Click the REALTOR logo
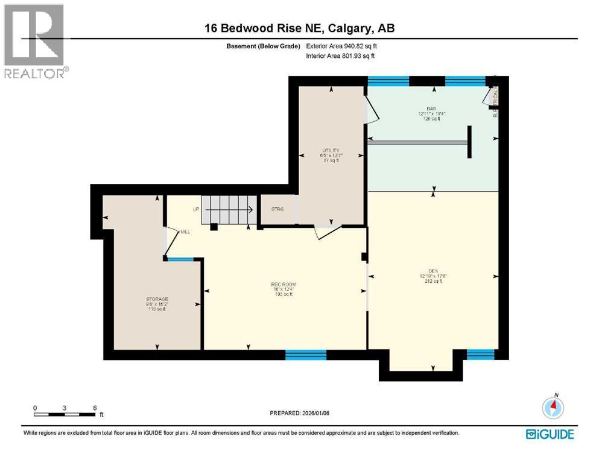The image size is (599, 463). pyautogui.click(x=35, y=41)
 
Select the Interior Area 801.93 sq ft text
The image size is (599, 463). pyautogui.click(x=340, y=56)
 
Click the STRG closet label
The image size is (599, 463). pyautogui.click(x=277, y=209)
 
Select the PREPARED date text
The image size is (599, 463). pyautogui.click(x=299, y=413)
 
